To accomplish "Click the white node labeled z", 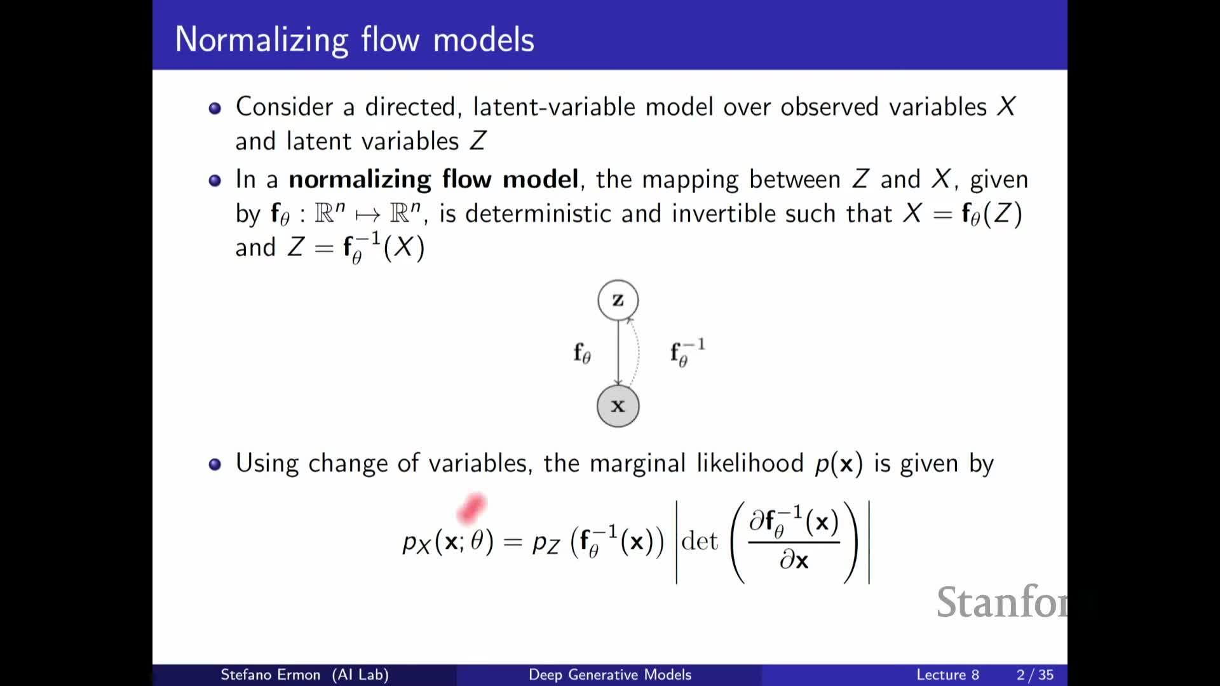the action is (618, 300).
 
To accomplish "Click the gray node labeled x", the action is (618, 406).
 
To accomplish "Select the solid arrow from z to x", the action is (618, 353).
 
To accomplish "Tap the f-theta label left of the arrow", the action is (582, 353).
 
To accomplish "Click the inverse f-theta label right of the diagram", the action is (688, 353).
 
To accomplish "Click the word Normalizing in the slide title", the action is (262, 40).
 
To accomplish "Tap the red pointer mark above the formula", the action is (471, 509).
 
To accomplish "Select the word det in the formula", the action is (699, 541).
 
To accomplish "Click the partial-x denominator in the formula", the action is (794, 560).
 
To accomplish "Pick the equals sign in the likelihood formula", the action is (512, 542).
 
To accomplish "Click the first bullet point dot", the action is (215, 108).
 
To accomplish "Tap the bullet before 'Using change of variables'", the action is (215, 464).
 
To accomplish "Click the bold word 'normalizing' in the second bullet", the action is (360, 180).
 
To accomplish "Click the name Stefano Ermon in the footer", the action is (270, 675).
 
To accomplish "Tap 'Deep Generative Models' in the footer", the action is (610, 675).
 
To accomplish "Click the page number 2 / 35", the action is (1035, 675).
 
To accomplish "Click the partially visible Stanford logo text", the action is (1002, 602).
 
